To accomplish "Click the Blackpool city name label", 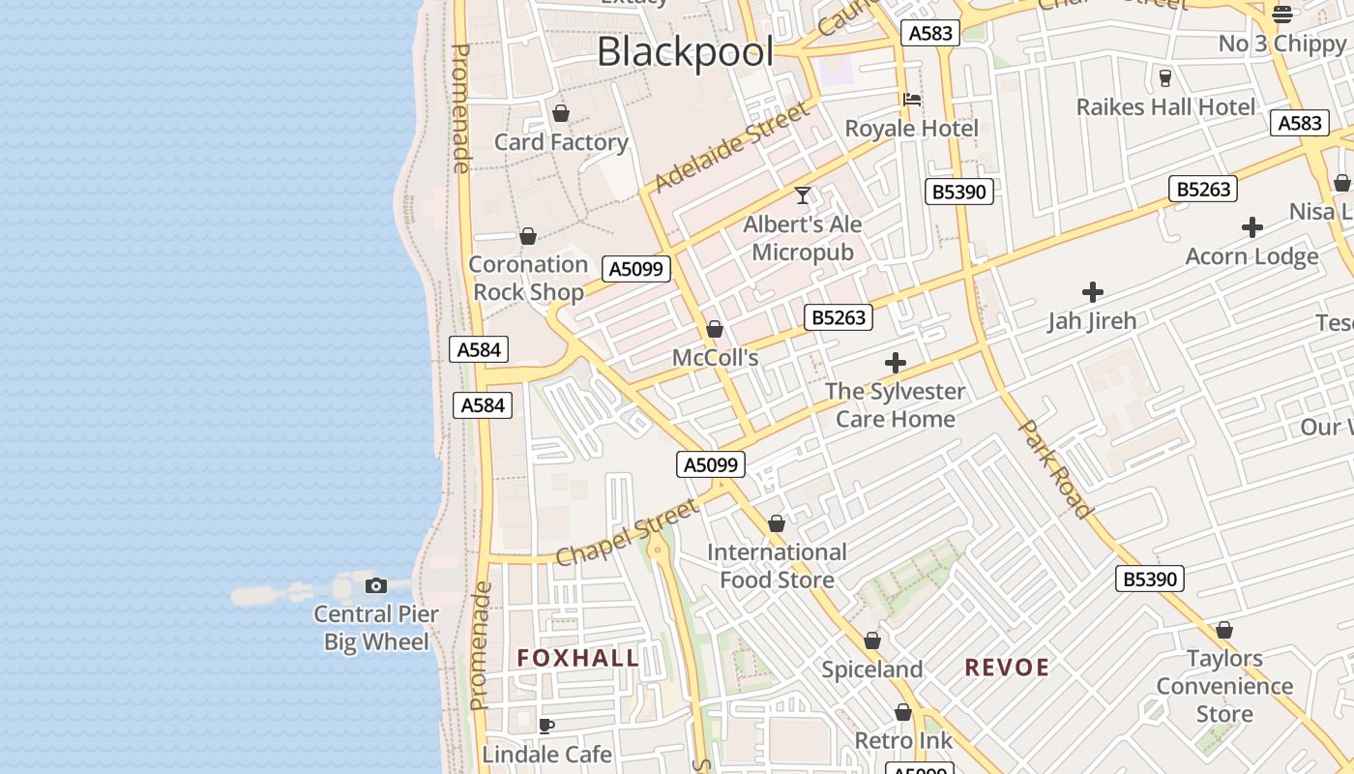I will [685, 51].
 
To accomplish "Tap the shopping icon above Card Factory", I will [561, 113].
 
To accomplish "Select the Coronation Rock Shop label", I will [528, 279].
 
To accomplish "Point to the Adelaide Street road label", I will [730, 148].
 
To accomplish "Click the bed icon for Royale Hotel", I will [911, 99].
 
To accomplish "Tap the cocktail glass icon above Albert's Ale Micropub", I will [803, 195].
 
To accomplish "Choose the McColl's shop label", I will [715, 358].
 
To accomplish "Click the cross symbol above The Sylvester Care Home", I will [896, 363].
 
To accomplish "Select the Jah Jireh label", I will [1092, 320].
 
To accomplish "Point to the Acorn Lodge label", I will [1251, 256].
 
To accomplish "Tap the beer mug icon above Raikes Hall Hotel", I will [1165, 77].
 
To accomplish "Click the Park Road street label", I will [1056, 468].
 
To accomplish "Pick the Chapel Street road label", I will [627, 532].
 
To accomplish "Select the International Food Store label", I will [777, 566].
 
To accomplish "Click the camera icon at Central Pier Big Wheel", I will [376, 585].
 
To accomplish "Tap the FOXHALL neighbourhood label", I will [578, 659].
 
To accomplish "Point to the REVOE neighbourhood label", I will [1007, 668].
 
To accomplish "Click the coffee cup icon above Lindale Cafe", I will [546, 726].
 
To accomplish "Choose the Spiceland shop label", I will [871, 670].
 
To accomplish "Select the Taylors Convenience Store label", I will [1224, 686].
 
